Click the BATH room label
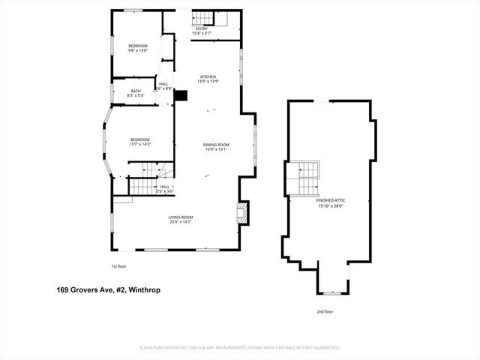136,93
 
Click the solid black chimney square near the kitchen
179,94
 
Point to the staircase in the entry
205,18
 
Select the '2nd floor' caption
324,311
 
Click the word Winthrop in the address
145,289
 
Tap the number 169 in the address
64,289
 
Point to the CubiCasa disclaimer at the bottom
240,348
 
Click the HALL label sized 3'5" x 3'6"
164,189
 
